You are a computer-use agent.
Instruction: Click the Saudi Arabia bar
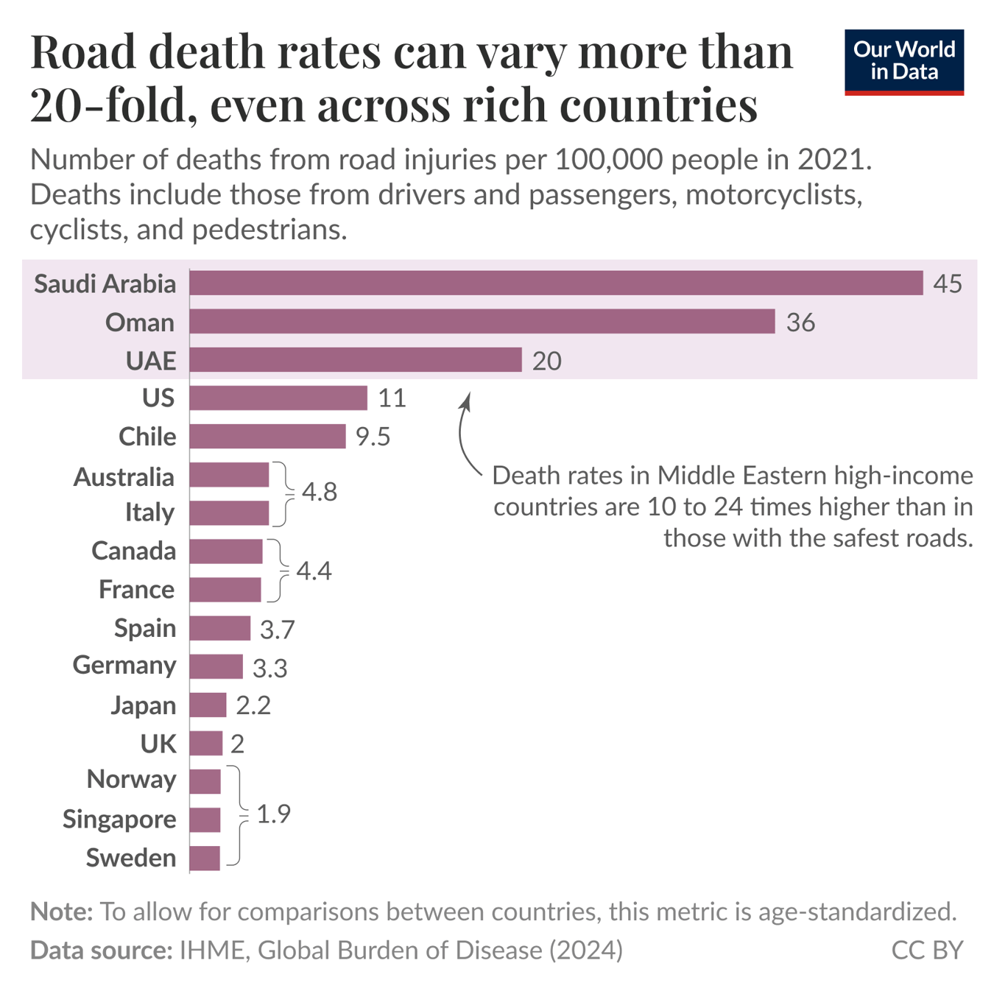[x=556, y=283]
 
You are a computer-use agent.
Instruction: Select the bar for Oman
[x=482, y=322]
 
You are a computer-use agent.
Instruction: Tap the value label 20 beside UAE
[x=546, y=361]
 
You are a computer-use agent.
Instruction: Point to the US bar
[x=278, y=398]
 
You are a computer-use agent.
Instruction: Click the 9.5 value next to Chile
[x=373, y=437]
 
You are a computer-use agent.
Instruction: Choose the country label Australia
[x=124, y=477]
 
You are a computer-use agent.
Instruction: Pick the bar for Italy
[x=229, y=512]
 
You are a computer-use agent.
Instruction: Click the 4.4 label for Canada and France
[x=314, y=571]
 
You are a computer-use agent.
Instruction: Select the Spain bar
[x=219, y=628]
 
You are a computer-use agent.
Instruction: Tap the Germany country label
[x=124, y=665]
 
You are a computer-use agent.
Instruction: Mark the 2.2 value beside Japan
[x=253, y=705]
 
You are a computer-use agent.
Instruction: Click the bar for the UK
[x=205, y=744]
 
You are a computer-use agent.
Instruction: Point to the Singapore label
[x=119, y=819]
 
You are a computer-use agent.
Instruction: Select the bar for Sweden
[x=205, y=858]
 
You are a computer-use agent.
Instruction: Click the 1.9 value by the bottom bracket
[x=273, y=814]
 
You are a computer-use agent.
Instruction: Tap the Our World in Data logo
[x=903, y=62]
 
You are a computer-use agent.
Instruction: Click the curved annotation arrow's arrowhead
[x=465, y=400]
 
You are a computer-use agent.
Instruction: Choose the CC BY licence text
[x=926, y=950]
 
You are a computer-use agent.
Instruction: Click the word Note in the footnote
[x=61, y=912]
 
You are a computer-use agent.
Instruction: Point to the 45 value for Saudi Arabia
[x=947, y=283]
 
